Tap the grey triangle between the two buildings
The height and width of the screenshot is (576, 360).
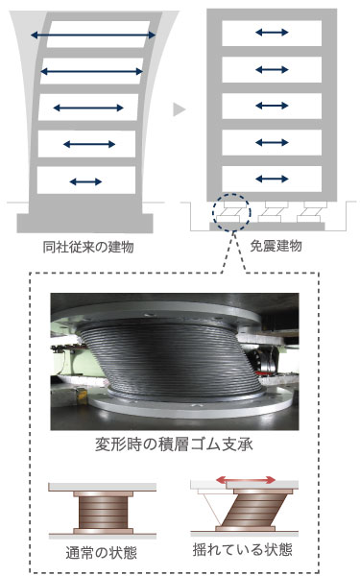point(179,110)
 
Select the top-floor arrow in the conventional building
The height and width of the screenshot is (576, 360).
point(93,36)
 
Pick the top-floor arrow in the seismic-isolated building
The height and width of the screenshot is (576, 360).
point(272,34)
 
